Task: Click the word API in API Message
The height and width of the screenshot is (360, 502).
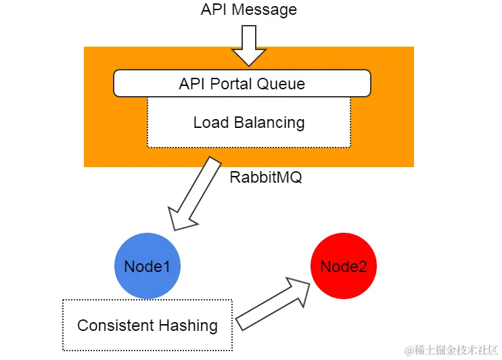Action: coord(214,10)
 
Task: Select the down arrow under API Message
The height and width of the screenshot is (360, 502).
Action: coord(249,44)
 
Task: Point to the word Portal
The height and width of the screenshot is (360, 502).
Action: coord(232,84)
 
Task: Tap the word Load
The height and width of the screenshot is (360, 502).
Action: coord(210,122)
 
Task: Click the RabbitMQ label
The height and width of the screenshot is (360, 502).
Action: coord(266,178)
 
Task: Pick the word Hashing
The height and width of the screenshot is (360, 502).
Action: coord(191,326)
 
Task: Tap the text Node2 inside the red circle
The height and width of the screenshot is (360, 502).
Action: coord(344,267)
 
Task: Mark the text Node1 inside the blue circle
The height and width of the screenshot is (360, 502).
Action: coord(147,267)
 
